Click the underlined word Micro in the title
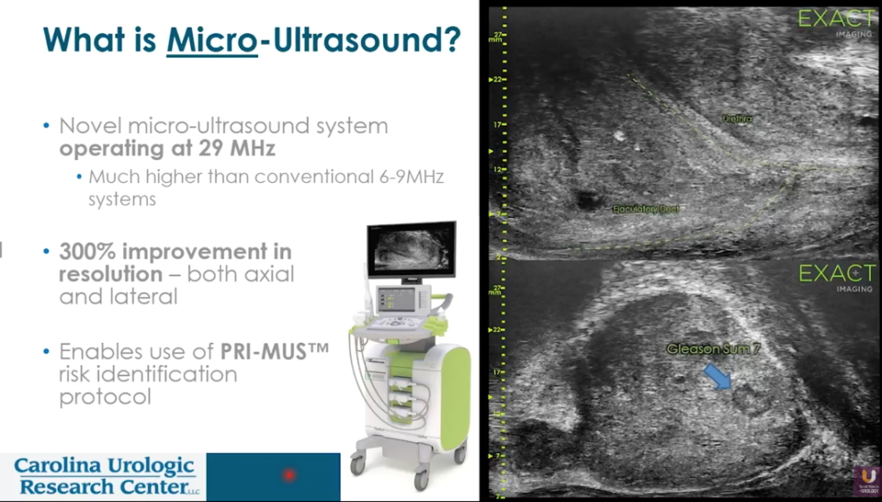tap(212, 40)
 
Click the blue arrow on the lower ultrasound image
tap(717, 375)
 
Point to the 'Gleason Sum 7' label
tap(714, 349)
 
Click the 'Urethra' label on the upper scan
tap(737, 119)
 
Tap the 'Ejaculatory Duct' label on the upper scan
tap(645, 210)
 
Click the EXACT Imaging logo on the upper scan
tap(836, 21)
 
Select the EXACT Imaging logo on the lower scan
tap(836, 276)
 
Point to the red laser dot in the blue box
tap(288, 474)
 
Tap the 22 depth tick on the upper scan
tap(497, 80)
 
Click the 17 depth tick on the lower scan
tap(497, 371)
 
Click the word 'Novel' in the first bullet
tap(86, 126)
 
